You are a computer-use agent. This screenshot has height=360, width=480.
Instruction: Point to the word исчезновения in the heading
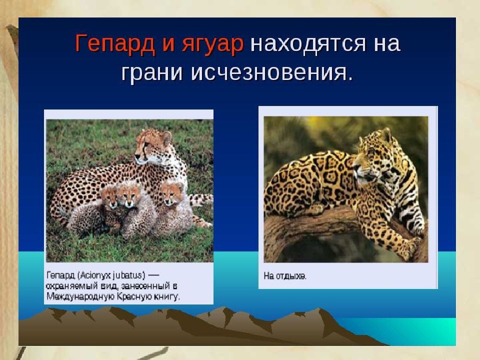271,73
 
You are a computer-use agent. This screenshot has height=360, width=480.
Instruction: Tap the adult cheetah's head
152,145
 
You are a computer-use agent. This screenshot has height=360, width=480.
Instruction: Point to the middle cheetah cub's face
129,195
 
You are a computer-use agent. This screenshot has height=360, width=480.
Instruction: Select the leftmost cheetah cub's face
109,197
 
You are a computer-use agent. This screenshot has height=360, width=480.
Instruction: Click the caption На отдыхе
284,276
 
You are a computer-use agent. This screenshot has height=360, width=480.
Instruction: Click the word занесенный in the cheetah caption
144,286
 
